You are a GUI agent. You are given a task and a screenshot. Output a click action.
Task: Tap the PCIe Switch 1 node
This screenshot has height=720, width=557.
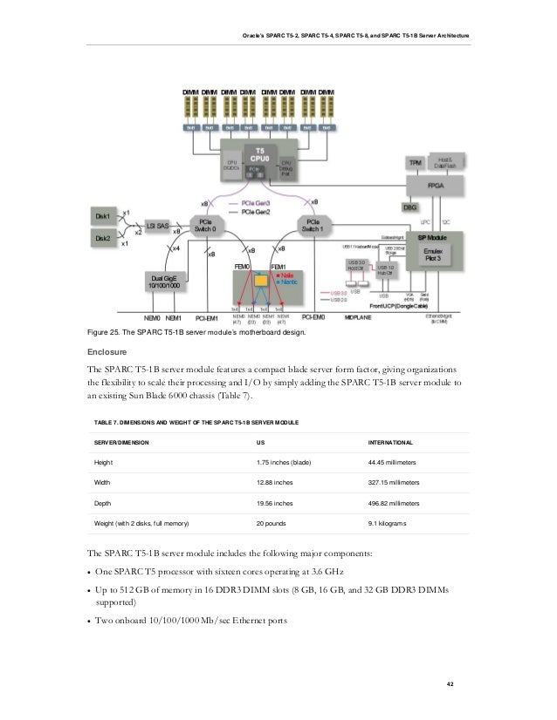312,226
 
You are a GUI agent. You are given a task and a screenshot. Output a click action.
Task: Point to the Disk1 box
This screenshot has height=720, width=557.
103,215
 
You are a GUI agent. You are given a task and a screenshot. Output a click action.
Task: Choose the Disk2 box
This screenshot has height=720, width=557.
103,237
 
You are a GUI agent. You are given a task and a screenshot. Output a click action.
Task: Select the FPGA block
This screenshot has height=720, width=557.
434,186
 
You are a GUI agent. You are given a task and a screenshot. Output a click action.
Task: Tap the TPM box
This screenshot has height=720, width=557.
416,163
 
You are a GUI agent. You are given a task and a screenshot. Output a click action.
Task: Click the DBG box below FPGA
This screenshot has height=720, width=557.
409,207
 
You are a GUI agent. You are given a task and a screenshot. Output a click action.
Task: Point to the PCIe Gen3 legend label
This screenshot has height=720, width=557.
250,204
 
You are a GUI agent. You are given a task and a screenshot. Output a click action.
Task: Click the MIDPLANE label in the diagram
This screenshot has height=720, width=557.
361,316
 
